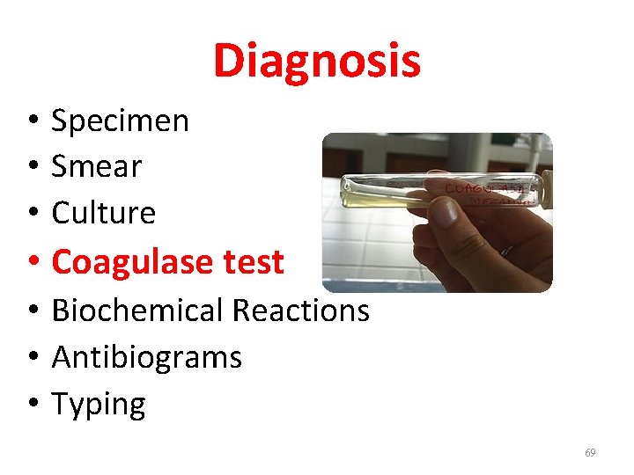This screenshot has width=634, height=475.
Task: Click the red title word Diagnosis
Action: [317, 62]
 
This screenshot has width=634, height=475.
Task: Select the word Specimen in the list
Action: [120, 121]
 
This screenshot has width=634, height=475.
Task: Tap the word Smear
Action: [97, 166]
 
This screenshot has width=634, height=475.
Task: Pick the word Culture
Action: [104, 213]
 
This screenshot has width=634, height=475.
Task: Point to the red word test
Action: [253, 262]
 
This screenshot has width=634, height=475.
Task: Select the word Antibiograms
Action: [146, 358]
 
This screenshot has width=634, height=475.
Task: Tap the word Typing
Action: [99, 406]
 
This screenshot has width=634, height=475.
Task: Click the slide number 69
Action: [590, 453]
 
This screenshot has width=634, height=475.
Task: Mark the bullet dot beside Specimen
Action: [31, 121]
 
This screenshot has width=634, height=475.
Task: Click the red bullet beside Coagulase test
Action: [31, 262]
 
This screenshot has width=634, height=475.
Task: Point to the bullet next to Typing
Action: [31, 405]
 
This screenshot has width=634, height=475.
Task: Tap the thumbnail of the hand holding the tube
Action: [437, 212]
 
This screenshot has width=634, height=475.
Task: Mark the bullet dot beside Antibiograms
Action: [31, 358]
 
